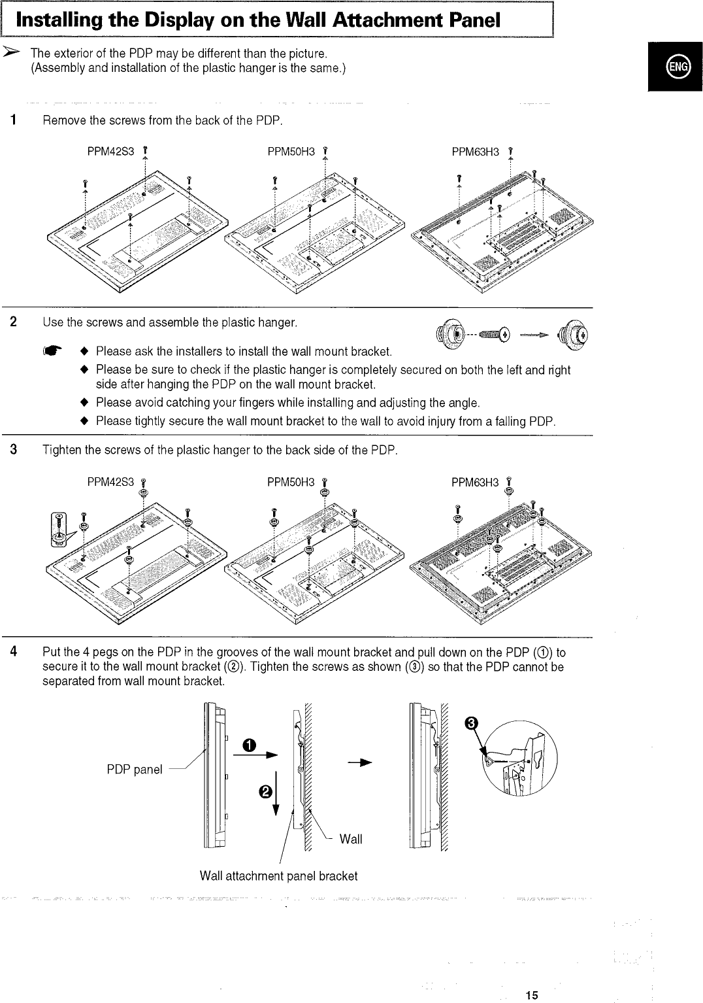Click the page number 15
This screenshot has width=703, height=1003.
point(531,995)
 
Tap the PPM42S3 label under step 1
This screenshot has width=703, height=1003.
point(110,152)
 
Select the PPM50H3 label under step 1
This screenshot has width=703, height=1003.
point(291,152)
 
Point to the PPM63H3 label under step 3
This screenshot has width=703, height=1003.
point(475,483)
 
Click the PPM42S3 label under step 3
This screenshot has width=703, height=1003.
point(110,483)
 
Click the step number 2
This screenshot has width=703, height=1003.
point(13,322)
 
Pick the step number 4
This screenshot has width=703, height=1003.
point(13,652)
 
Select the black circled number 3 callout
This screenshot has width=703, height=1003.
point(470,723)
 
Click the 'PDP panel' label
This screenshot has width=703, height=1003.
point(135,770)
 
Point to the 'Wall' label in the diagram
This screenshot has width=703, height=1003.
point(351,840)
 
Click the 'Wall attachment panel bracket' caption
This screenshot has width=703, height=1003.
point(279,876)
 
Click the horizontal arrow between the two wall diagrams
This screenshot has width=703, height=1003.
point(363,762)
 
